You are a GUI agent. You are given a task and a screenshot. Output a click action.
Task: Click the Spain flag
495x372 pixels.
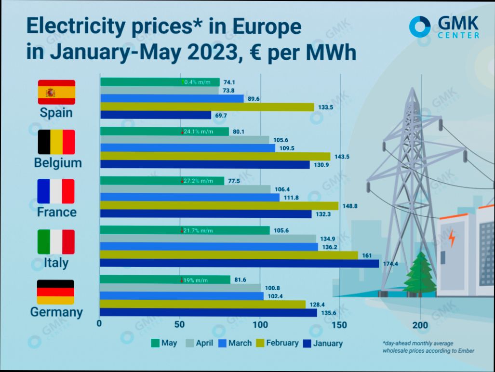tap(56, 92)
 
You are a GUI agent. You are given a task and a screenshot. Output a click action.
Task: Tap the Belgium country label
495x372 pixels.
tap(58, 163)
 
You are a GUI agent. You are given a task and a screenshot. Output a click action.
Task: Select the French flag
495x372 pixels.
tap(56, 191)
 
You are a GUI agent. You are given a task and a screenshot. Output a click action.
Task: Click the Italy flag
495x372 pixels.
tap(56, 241)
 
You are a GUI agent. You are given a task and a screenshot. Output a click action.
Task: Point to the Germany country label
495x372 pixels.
tap(56, 312)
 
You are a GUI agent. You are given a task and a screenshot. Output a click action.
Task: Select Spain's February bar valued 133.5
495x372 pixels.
tap(207, 107)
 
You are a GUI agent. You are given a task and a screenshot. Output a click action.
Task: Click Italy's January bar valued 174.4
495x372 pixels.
tap(239, 263)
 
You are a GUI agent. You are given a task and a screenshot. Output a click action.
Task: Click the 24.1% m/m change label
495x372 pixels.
tap(198, 132)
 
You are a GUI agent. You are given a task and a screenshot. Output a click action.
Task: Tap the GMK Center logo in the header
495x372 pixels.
tap(444, 27)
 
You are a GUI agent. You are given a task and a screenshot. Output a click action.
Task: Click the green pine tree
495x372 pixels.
tap(418, 275)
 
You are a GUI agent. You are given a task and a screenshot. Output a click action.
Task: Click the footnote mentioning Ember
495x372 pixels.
tap(428, 347)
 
